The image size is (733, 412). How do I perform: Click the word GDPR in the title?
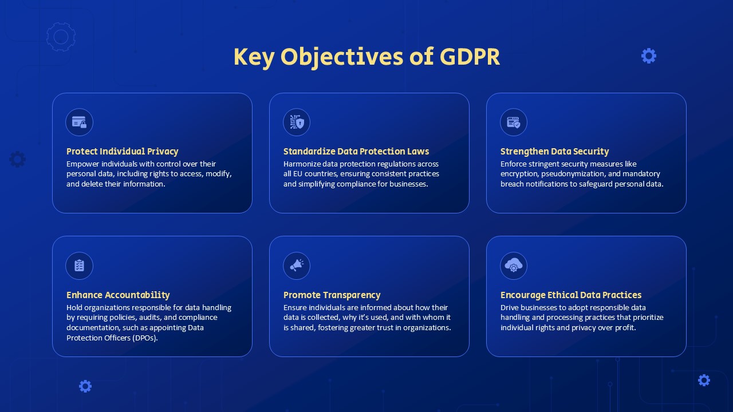click(470, 57)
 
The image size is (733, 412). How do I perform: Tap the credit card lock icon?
click(79, 122)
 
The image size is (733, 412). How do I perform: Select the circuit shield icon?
click(297, 122)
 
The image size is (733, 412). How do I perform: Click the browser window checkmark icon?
click(514, 122)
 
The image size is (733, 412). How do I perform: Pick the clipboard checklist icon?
click(79, 266)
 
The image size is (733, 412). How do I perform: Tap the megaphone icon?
click(297, 265)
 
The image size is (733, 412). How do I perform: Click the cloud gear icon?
click(514, 265)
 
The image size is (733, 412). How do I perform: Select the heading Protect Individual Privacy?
click(123, 152)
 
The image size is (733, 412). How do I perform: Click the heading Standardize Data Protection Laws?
click(356, 152)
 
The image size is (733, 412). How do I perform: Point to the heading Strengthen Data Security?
click(555, 152)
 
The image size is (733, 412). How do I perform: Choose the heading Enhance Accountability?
click(118, 295)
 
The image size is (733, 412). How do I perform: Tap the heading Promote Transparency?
click(332, 295)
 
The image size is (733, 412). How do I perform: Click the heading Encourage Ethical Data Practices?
click(571, 295)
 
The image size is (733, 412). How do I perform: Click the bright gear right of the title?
click(649, 56)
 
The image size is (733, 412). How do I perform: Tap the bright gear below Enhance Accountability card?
click(85, 386)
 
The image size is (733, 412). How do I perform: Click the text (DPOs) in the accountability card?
click(145, 338)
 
